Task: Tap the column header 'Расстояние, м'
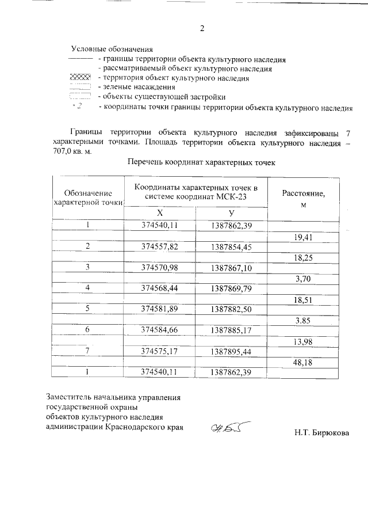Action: [304, 199]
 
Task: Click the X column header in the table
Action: [159, 213]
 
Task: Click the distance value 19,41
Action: [302, 237]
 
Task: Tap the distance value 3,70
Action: [302, 279]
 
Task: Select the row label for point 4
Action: [88, 288]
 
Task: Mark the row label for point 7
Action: [88, 351]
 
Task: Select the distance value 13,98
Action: [302, 341]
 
